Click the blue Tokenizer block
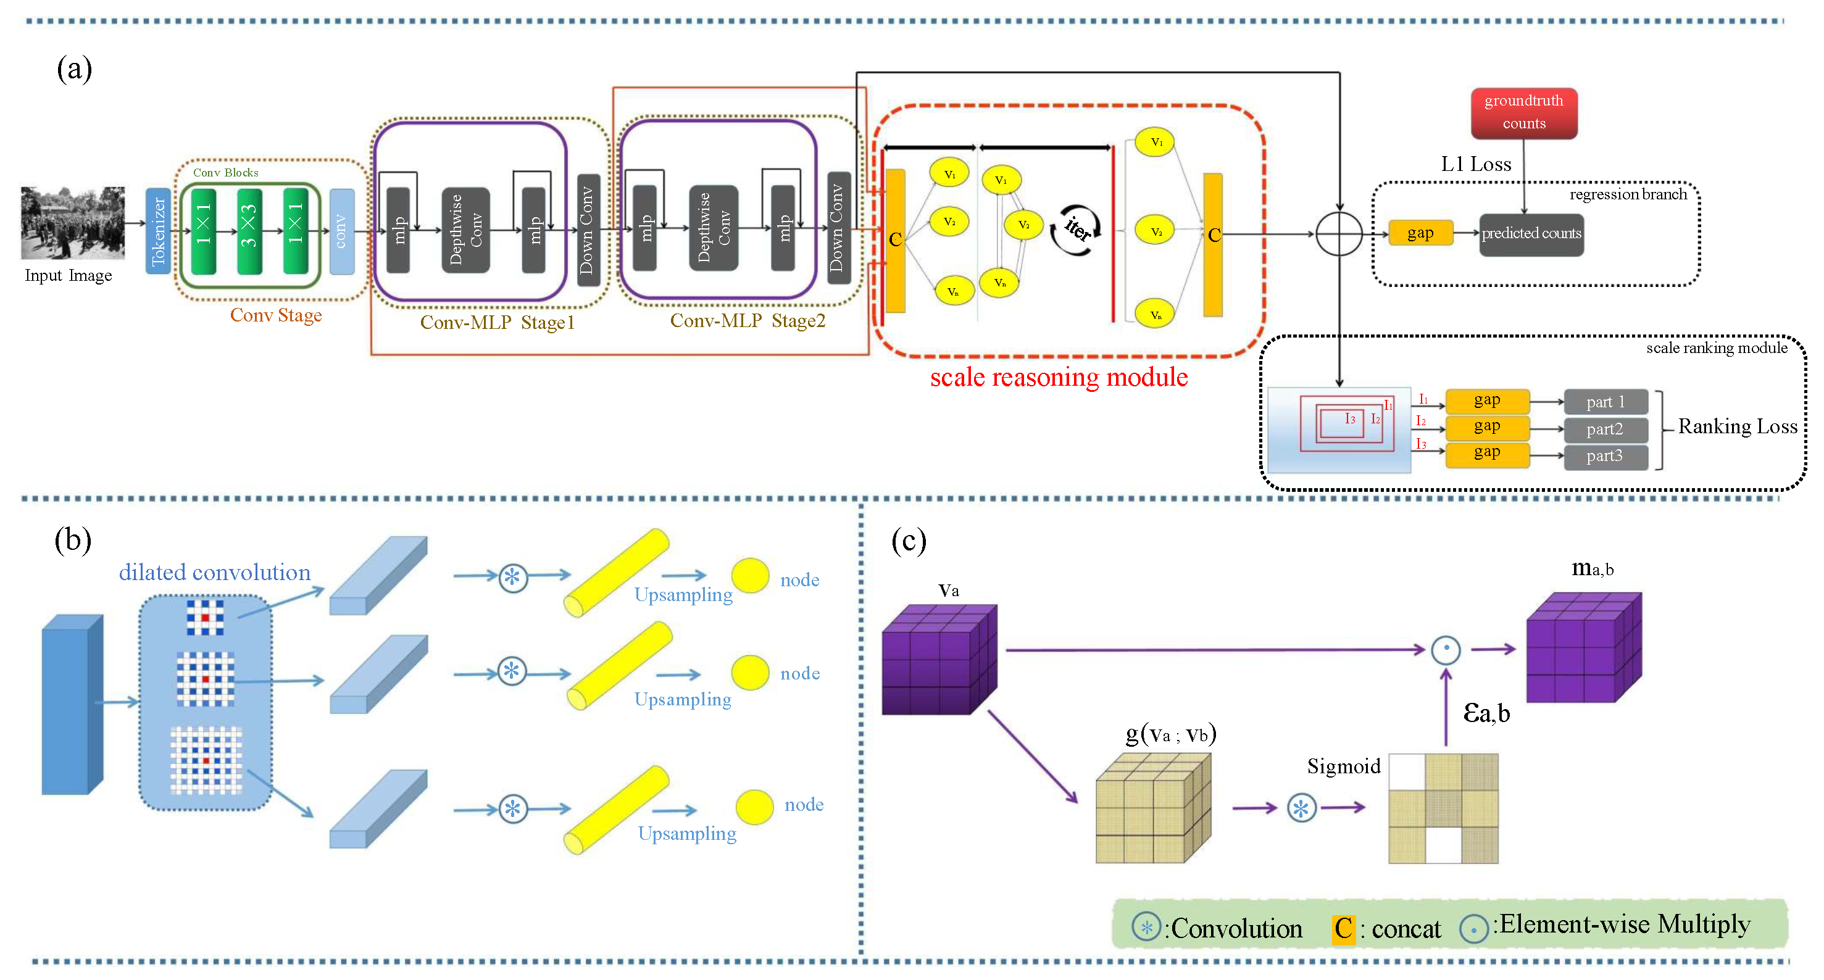coord(157,231)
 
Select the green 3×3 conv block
coord(249,231)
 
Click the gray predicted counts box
coord(1531,234)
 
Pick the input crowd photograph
coord(72,222)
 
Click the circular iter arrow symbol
coord(1075,230)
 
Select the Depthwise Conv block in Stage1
coord(465,230)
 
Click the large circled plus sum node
coord(1338,234)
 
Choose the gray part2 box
coord(1604,429)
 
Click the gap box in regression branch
coord(1420,233)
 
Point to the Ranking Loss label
coord(1737,426)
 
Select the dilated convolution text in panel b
coord(215,572)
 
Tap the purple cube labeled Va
coord(939,659)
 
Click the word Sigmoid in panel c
coord(1343,766)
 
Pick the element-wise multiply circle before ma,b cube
coord(1445,649)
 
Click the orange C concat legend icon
coord(1343,928)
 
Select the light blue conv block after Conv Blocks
coord(342,231)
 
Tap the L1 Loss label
coord(1476,164)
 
